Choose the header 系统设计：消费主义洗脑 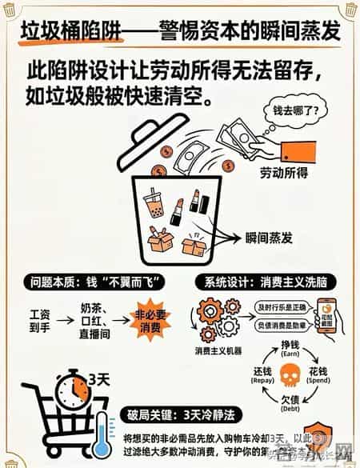point(264,282)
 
